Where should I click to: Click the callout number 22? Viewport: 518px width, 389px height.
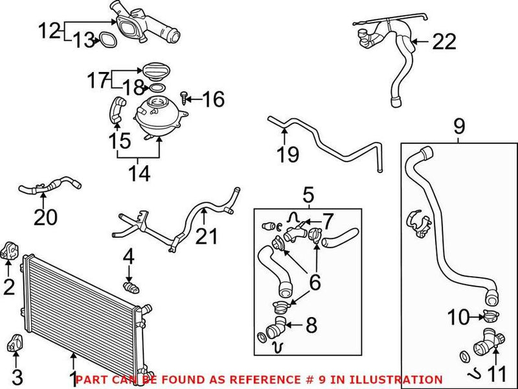[444, 42]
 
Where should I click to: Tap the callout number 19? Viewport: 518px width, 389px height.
[288, 154]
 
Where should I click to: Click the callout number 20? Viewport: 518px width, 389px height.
[45, 217]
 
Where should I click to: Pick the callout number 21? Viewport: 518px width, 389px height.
[207, 237]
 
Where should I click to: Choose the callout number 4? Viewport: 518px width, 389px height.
[129, 257]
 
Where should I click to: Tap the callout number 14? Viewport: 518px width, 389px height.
[138, 173]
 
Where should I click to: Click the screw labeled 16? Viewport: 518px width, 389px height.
[185, 98]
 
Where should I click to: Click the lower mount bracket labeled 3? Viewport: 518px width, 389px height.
[14, 344]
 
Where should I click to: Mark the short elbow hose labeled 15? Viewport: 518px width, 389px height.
[116, 108]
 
